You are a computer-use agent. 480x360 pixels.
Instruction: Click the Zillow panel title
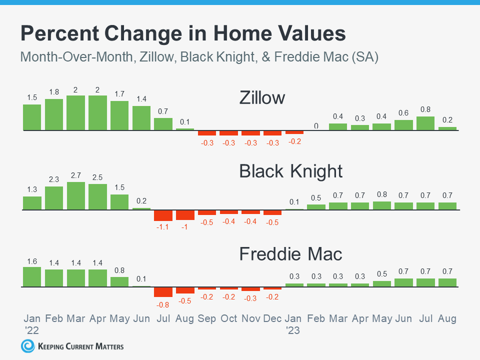262,97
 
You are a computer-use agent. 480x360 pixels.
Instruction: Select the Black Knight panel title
291,171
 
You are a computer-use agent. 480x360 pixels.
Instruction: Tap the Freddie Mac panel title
291,253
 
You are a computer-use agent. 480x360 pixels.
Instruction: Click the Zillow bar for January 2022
32,117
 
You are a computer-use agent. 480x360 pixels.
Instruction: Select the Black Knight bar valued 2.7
76,196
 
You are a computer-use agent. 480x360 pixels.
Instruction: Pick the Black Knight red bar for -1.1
163,215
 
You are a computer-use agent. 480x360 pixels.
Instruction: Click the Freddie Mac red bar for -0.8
163,292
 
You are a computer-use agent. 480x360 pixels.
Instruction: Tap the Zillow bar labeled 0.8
425,123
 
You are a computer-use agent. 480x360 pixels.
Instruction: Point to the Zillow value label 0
316,126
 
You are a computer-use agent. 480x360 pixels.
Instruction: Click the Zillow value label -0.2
294,142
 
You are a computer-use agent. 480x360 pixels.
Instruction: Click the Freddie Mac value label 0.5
381,273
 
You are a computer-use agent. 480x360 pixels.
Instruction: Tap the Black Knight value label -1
185,227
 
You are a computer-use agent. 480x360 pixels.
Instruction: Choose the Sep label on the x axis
207,318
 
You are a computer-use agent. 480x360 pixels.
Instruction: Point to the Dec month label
272,318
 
